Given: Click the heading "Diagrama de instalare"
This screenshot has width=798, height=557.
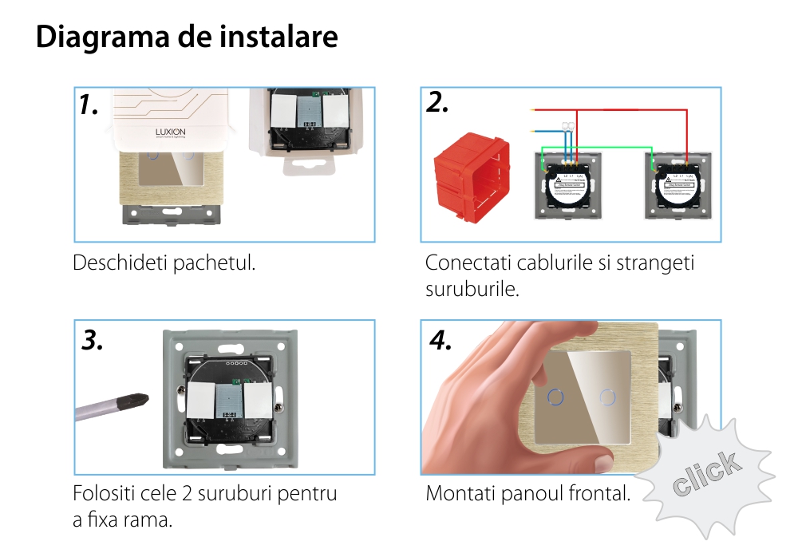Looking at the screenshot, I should [x=187, y=37].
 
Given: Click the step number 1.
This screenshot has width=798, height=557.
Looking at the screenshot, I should [x=89, y=105].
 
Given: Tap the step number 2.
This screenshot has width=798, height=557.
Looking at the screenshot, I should [x=437, y=103].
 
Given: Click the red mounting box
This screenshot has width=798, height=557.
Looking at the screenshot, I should [x=471, y=175].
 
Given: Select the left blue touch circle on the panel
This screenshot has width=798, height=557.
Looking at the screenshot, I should [x=555, y=395].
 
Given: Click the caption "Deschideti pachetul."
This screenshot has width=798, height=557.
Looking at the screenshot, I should [x=164, y=262].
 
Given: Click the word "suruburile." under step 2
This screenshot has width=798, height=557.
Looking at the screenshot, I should [x=472, y=288].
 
